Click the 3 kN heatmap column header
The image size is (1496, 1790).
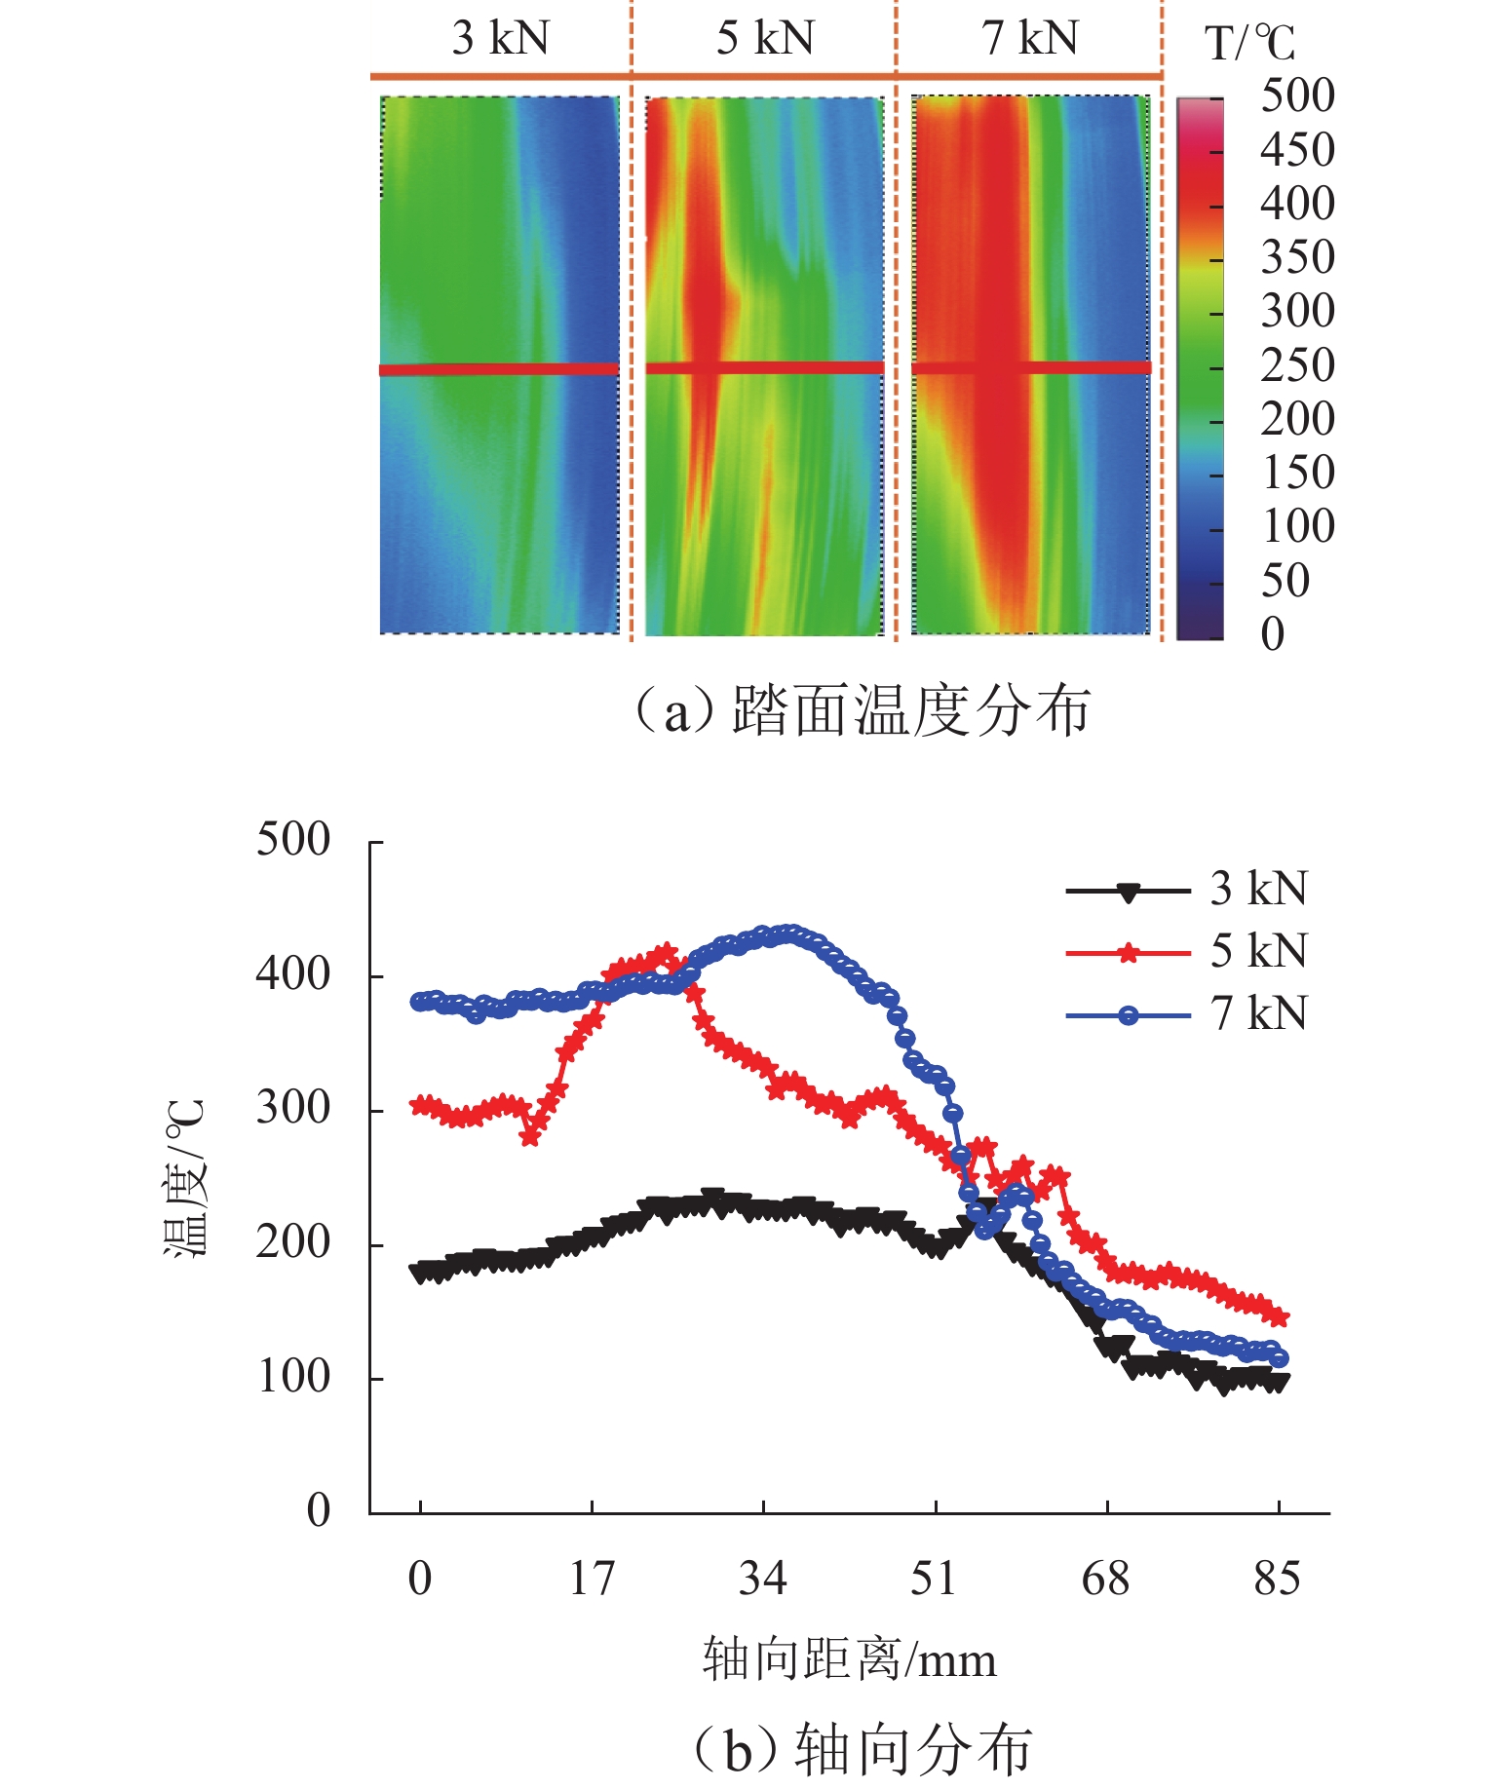pos(500,39)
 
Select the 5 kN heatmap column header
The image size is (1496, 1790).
pos(765,39)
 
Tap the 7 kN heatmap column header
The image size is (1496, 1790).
pos(1030,39)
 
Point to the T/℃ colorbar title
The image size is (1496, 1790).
pos(1249,44)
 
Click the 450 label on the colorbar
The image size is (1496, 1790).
pos(1297,150)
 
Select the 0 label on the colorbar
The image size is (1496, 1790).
pos(1273,634)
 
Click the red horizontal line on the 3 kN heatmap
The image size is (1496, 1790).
pos(499,369)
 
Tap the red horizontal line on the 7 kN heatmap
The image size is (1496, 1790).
pos(1031,367)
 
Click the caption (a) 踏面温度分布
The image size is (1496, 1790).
pos(862,710)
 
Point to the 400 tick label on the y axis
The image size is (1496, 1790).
pos(293,974)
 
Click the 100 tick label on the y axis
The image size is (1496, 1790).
pos(293,1378)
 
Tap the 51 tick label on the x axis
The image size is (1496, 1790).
pos(934,1580)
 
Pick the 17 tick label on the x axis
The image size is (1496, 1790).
pos(592,1580)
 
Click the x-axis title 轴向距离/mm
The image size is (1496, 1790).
pos(849,1659)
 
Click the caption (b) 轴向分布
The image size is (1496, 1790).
pos(862,1749)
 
